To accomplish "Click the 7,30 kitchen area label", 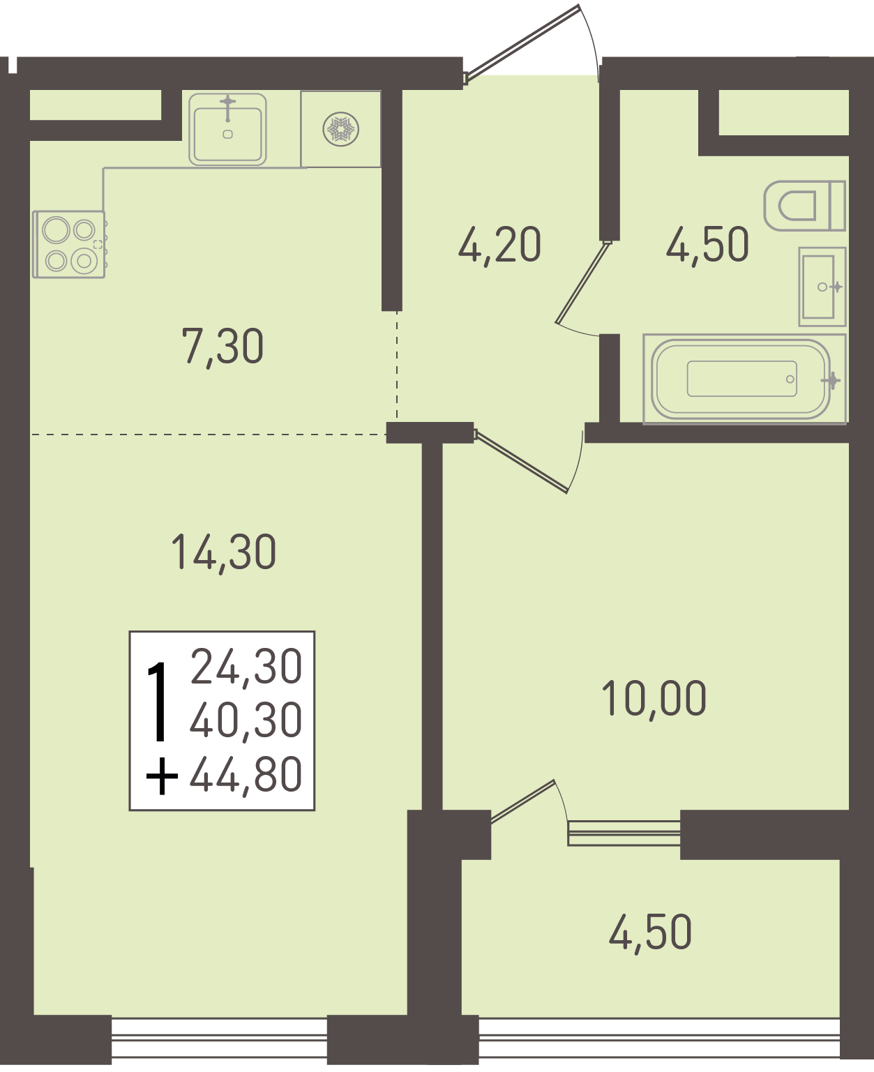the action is [x=223, y=347].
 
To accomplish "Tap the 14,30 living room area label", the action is [x=224, y=552].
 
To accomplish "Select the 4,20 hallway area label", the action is [x=499, y=246].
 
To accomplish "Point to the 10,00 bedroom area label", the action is [x=654, y=699].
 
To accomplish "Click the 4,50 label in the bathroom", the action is [x=707, y=245].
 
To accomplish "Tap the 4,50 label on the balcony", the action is [x=650, y=933].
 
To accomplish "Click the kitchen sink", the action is [x=228, y=129].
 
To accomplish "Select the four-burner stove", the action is [x=69, y=245].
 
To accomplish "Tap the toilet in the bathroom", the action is [x=804, y=206].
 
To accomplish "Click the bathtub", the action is [x=744, y=379].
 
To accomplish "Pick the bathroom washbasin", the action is [x=822, y=287].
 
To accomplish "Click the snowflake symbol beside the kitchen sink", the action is [x=340, y=129].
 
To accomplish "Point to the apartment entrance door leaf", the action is [x=522, y=43].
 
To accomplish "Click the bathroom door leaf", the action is [x=582, y=282].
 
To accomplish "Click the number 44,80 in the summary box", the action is [x=246, y=774].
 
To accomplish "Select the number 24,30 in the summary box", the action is [x=247, y=666].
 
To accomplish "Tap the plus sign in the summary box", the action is [x=162, y=776].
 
